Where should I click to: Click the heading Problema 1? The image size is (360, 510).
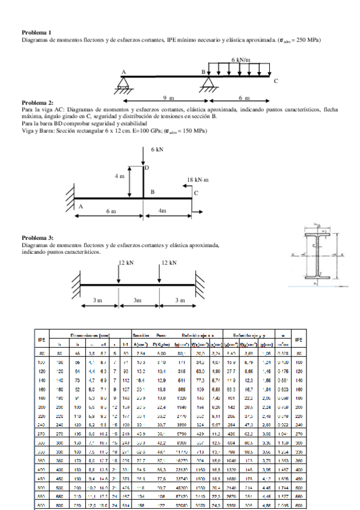pyautogui.click(x=36, y=32)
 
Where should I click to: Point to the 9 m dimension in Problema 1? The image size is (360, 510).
pyautogui.click(x=169, y=97)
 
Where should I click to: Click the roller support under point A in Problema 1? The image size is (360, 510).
pyautogui.click(x=123, y=84)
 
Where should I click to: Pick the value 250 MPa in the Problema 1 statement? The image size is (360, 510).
pyautogui.click(x=307, y=40)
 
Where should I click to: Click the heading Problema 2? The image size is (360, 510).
pyautogui.click(x=37, y=103)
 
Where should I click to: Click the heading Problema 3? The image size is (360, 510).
pyautogui.click(x=37, y=238)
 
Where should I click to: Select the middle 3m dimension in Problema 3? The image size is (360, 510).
pyautogui.click(x=138, y=301)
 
